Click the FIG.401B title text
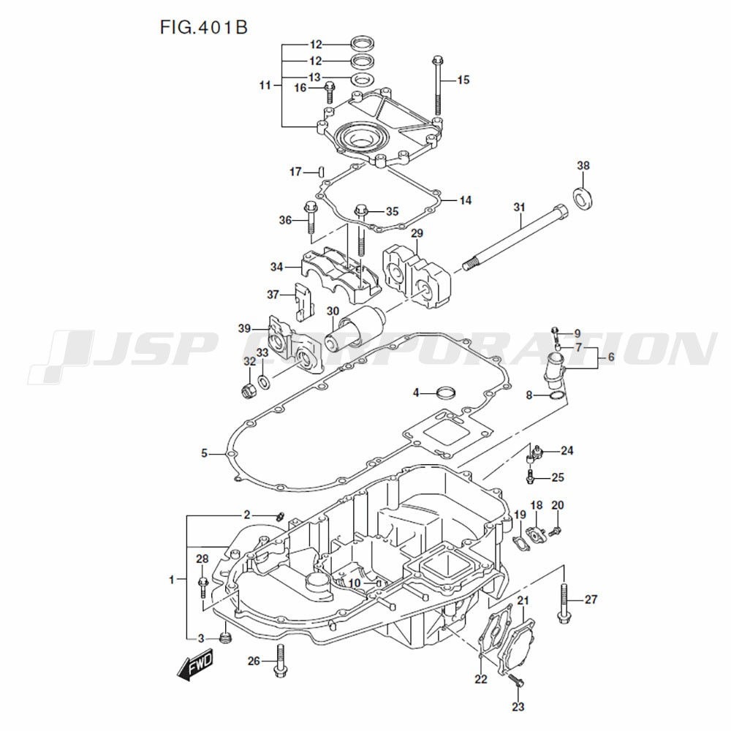[204, 28]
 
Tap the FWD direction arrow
[194, 666]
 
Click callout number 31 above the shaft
[519, 208]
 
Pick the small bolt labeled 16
[329, 91]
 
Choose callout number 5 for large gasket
[205, 453]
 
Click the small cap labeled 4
[445, 393]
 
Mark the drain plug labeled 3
[226, 640]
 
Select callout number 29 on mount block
[417, 234]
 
